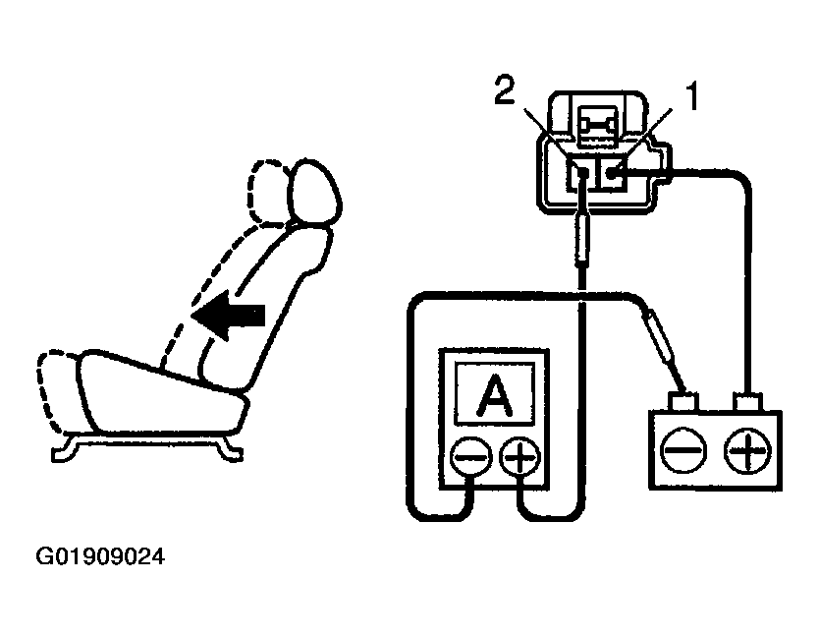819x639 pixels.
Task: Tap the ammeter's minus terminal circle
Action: [470, 457]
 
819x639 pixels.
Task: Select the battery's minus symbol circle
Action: [680, 450]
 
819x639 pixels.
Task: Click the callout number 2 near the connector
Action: [504, 96]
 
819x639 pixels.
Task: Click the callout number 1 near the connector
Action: [693, 96]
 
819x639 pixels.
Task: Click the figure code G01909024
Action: [100, 557]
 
